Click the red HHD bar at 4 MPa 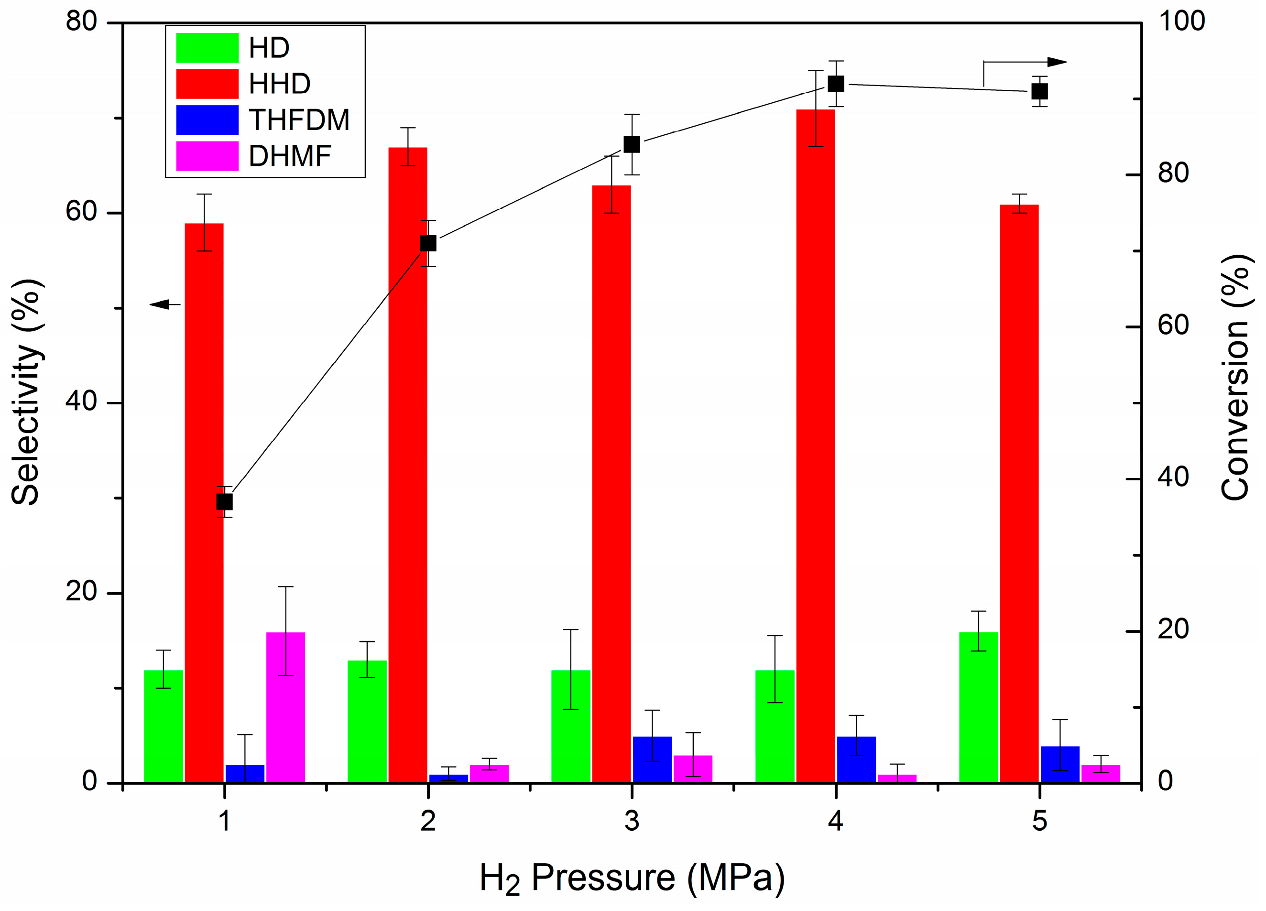815,446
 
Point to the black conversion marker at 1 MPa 224,502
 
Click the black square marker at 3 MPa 631,144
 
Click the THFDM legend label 299,120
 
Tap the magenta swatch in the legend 207,156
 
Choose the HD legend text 269,48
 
